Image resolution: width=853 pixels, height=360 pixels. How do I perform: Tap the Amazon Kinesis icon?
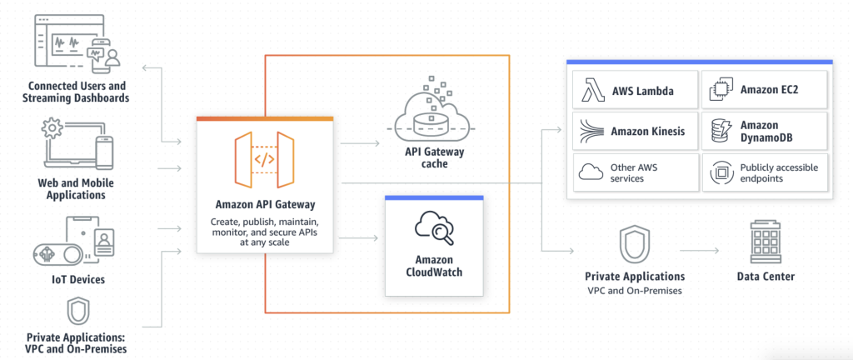pyautogui.click(x=593, y=131)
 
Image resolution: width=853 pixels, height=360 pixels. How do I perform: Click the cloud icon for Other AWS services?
pyautogui.click(x=591, y=172)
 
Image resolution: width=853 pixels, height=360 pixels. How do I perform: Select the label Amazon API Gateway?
pyautogui.click(x=265, y=205)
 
